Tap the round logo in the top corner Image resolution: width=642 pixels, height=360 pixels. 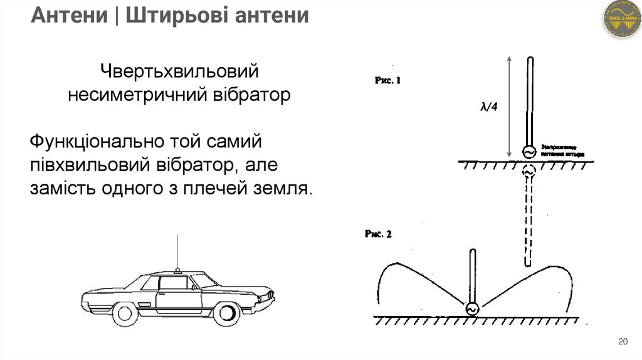click(621, 19)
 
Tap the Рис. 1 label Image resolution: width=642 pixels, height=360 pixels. click(387, 80)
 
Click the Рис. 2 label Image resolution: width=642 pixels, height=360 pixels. click(378, 234)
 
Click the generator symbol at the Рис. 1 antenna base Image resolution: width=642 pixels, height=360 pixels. click(529, 152)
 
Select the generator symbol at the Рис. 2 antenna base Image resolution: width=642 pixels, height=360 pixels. click(471, 309)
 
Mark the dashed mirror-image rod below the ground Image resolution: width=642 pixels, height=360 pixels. click(529, 220)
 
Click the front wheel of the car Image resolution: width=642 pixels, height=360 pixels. click(223, 312)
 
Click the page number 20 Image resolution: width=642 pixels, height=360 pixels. click(623, 342)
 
